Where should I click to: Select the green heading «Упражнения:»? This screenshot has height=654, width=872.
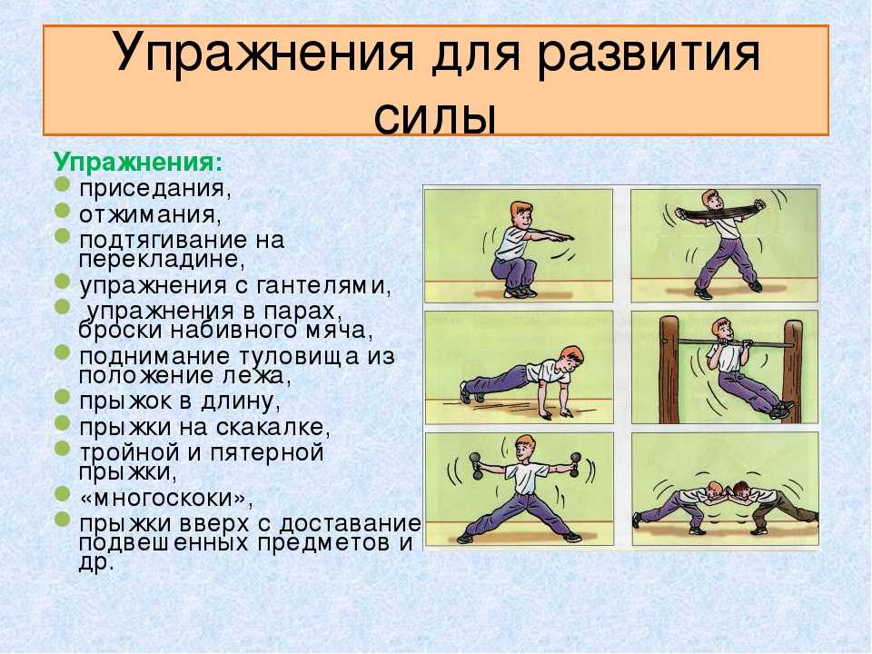click(138, 163)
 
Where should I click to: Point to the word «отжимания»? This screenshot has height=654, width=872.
click(150, 214)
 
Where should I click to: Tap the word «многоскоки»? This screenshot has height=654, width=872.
click(166, 498)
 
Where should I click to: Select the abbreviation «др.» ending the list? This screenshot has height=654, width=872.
click(96, 564)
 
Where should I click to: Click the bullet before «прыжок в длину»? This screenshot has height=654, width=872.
click(63, 398)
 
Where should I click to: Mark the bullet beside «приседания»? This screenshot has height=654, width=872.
click(63, 183)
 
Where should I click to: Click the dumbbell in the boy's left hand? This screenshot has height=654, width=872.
click(574, 464)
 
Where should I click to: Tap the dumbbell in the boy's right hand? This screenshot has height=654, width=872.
click(476, 465)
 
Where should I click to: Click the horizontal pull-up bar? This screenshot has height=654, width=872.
click(734, 342)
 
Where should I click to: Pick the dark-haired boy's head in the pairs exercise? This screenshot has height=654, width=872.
click(739, 490)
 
